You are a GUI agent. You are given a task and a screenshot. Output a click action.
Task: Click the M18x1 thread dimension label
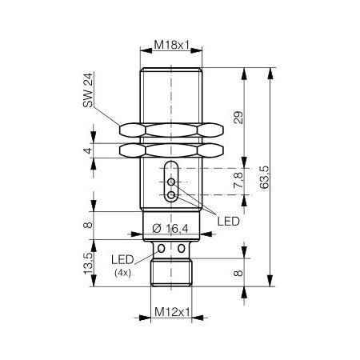pos(171,45)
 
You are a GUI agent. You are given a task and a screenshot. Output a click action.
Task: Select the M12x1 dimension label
pos(172,311)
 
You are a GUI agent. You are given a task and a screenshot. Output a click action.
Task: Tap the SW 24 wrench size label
pos(88,90)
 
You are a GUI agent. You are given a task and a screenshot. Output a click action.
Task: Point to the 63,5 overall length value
pos(265,178)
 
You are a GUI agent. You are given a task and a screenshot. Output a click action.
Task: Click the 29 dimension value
pos(238,118)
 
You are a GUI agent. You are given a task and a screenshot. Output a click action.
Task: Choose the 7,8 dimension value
pos(238,180)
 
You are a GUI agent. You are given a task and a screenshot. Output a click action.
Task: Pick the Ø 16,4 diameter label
pos(170,228)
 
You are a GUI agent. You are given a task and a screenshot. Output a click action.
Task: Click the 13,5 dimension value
pos(88,263)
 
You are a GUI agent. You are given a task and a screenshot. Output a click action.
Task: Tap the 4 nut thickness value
pos(88,150)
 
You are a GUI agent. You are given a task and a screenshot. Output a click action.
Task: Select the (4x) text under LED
pos(122,273)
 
